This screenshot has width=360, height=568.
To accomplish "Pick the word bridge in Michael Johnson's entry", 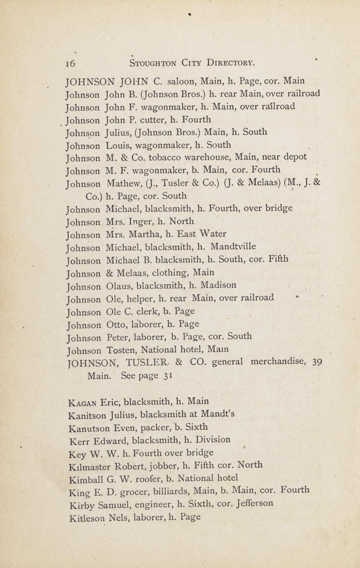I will (278, 208).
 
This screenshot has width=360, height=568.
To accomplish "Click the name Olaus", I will (119, 286).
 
